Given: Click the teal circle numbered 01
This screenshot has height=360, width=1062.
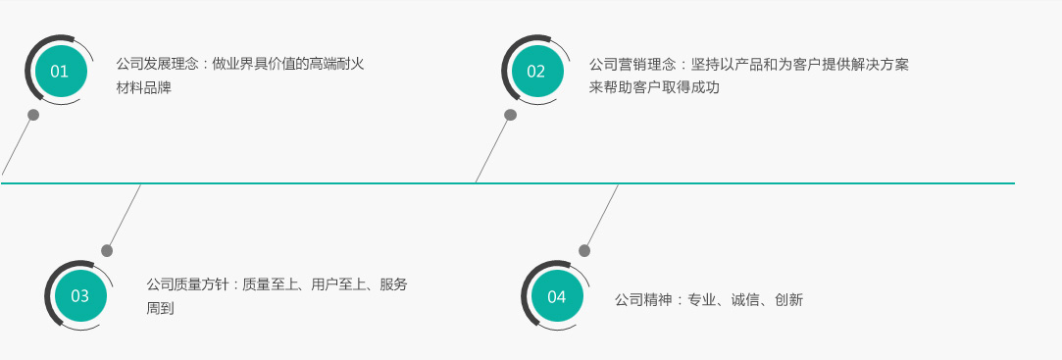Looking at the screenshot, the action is [60, 72].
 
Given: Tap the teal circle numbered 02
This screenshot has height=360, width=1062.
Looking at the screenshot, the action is [536, 72].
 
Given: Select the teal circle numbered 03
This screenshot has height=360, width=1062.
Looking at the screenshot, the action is [80, 296].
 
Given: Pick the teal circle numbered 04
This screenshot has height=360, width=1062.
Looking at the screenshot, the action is [557, 297].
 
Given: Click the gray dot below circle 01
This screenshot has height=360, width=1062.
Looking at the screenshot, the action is [33, 115].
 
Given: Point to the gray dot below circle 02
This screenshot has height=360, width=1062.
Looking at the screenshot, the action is [511, 115].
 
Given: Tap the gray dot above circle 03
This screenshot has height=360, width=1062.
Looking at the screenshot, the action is [107, 251].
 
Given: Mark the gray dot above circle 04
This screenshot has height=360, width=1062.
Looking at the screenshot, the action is [584, 251].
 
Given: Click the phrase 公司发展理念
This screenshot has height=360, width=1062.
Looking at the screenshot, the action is [157, 65].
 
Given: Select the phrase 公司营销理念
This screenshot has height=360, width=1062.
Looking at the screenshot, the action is [632, 65].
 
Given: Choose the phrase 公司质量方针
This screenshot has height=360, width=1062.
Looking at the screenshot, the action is [187, 284].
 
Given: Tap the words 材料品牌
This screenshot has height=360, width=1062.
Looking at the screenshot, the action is [143, 88].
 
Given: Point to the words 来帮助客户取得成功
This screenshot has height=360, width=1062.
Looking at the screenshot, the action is [654, 87].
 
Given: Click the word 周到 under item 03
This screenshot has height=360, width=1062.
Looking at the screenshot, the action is [161, 308].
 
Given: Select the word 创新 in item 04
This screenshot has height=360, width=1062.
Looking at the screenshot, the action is [789, 299].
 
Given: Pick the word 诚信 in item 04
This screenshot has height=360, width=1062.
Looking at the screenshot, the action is [745, 299].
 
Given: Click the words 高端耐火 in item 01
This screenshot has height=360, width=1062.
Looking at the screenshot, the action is [337, 65].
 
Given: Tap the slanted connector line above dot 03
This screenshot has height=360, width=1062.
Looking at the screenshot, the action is [125, 215].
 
